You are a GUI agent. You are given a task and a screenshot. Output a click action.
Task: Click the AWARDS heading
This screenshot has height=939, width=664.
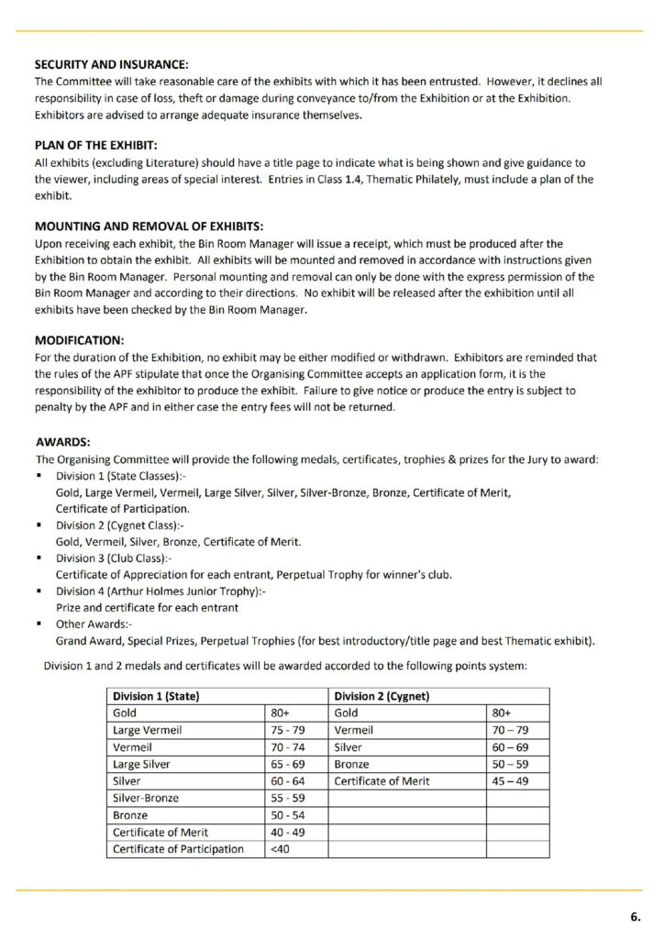[x=62, y=441]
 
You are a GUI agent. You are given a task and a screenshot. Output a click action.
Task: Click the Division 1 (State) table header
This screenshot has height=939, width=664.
[x=156, y=696]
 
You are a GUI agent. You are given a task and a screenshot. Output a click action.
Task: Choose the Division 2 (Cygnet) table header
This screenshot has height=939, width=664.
[x=382, y=696]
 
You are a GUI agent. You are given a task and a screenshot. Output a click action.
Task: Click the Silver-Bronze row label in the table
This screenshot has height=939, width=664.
[x=147, y=798]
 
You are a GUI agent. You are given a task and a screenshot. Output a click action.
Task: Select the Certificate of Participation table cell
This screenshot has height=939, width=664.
[x=178, y=849]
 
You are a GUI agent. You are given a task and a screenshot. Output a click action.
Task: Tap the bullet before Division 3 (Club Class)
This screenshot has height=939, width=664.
[x=41, y=558]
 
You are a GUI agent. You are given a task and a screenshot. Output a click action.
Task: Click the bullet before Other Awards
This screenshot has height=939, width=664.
[x=41, y=624]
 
